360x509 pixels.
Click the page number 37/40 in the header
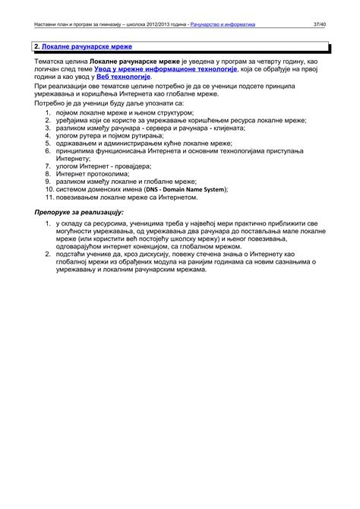pyautogui.click(x=320, y=25)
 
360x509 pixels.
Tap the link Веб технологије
pyautogui.click(x=124, y=77)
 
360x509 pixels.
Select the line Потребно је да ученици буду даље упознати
pyautogui.click(x=109, y=102)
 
